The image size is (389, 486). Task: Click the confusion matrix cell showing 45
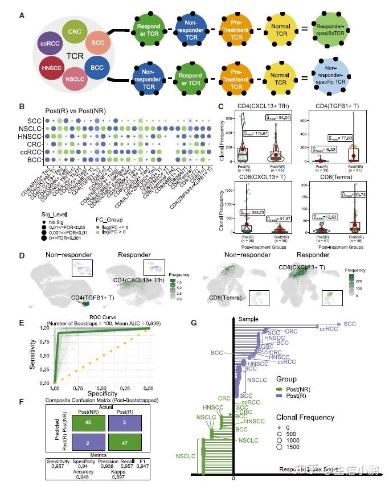[x=81, y=423]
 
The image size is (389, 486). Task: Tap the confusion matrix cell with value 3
[x=128, y=423]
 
